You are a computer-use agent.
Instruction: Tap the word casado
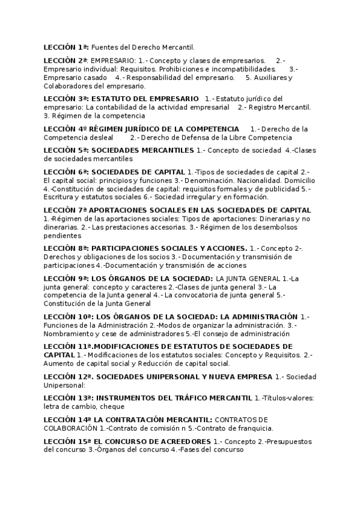[96, 78]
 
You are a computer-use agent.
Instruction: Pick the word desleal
[100, 137]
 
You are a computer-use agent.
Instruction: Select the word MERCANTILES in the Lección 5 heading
[169, 150]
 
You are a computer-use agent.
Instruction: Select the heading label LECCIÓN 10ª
[69, 316]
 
